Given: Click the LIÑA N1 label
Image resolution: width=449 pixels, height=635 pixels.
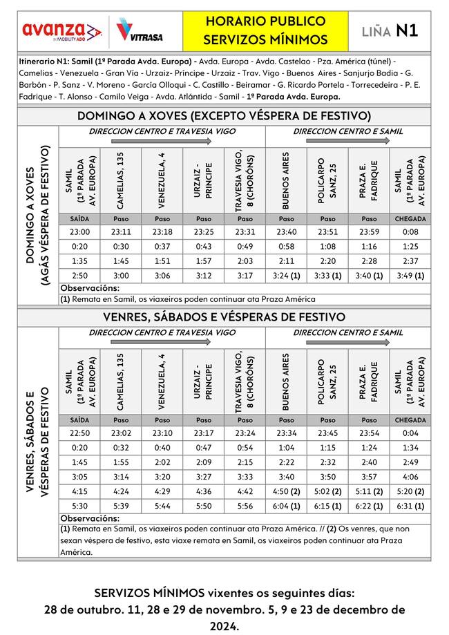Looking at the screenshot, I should pyautogui.click(x=390, y=30).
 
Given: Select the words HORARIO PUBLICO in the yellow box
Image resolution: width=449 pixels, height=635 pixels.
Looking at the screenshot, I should pyautogui.click(x=256, y=23).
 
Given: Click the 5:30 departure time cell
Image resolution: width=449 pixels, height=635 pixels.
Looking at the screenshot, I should pyautogui.click(x=79, y=505).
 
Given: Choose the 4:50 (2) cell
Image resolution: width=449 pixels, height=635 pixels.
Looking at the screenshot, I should pyautogui.click(x=286, y=491).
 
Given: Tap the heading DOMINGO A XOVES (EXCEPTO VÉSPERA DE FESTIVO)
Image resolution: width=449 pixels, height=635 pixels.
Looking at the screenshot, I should pyautogui.click(x=224, y=115).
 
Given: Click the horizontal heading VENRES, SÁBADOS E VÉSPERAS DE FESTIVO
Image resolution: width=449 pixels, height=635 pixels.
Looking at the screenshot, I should pyautogui.click(x=224, y=317).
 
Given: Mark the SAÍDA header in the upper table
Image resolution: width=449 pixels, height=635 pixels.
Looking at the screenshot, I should pyautogui.click(x=79, y=218).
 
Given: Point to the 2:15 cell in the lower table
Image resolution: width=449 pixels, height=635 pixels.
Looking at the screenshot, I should pyautogui.click(x=245, y=463).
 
